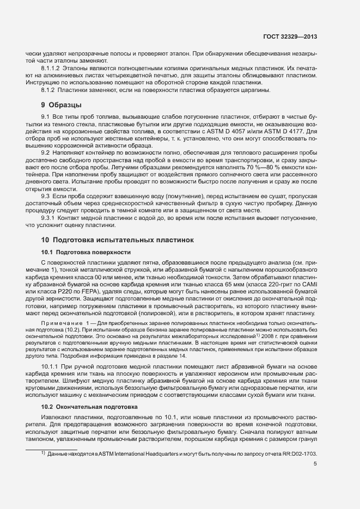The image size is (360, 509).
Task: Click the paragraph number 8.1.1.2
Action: click(x=53, y=68)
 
